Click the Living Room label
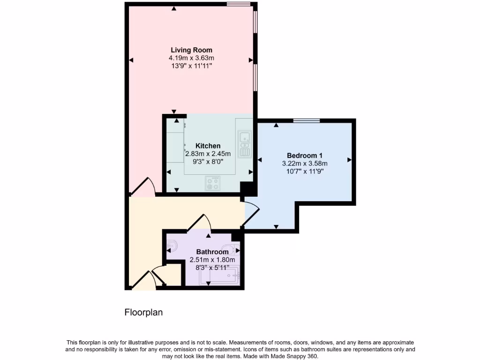[191, 50]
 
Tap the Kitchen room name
[208, 146]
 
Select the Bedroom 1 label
[304, 156]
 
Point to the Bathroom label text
[212, 252]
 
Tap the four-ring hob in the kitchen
[212, 183]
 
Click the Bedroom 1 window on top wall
[307, 120]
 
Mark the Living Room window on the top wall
[238, 4]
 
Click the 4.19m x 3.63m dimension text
[191, 58]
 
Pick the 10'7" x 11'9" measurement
[304, 171]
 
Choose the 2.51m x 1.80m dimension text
[212, 260]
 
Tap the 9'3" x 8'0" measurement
[208, 161]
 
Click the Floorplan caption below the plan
[143, 312]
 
